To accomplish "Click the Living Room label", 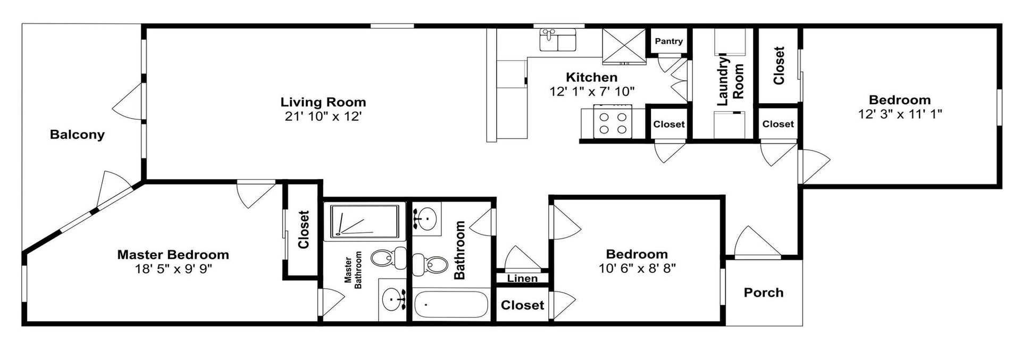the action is (323, 102).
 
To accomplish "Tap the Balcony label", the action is (77, 135).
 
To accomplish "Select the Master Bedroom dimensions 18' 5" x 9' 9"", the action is (173, 269).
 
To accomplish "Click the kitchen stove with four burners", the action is (613, 123).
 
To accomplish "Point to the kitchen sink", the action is (557, 40).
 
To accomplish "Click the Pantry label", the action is (668, 41).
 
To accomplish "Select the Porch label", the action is (764, 292).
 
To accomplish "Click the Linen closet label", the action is (522, 278).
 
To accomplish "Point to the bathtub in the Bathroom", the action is (451, 305).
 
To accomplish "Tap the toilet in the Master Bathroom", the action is (388, 258).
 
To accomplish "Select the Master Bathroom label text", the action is (353, 270).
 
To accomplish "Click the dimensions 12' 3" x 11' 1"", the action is (900, 114).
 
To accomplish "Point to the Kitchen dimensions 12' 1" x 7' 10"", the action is (592, 91).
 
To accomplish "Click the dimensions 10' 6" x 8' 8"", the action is (637, 268).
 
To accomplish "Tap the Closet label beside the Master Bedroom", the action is (304, 230).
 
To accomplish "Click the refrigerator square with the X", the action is (623, 45).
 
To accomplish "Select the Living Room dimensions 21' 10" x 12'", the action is (323, 116).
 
